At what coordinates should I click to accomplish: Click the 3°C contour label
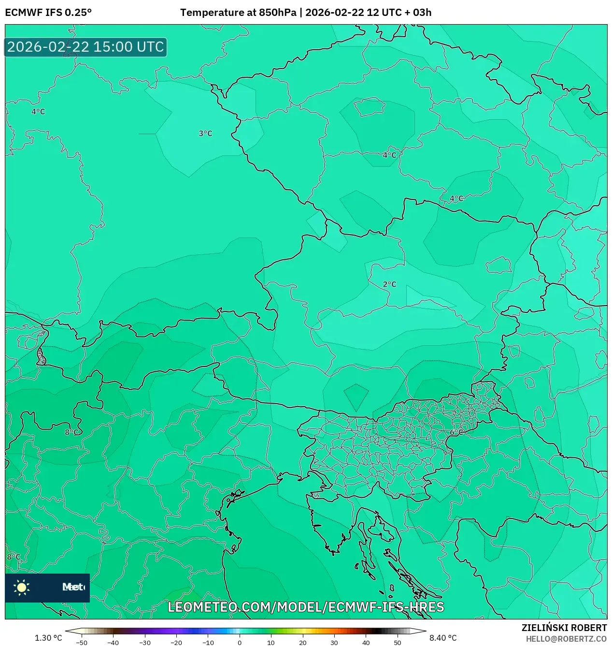click(205, 133)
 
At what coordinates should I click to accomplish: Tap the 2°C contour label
click(389, 284)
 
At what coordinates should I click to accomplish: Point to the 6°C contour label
click(456, 432)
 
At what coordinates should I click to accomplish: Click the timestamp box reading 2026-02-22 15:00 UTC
click(85, 47)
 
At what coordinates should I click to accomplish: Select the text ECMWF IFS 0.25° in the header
click(48, 13)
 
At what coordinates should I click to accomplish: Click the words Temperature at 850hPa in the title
click(238, 13)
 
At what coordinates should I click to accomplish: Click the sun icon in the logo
click(22, 587)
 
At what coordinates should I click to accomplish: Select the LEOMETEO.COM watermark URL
click(306, 607)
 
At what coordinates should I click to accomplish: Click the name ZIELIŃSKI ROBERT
click(564, 628)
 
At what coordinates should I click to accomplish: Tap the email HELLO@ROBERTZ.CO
click(566, 639)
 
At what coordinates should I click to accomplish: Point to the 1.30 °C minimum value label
click(48, 638)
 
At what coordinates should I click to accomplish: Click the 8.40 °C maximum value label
click(443, 638)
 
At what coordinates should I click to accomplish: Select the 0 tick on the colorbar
click(240, 643)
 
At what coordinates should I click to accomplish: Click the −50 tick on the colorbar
click(82, 643)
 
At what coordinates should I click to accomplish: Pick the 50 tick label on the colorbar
click(398, 643)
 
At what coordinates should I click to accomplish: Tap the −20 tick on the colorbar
click(176, 643)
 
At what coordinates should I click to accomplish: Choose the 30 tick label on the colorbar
click(334, 643)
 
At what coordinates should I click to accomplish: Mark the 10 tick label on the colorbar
click(271, 643)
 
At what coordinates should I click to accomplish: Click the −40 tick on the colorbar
click(113, 643)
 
